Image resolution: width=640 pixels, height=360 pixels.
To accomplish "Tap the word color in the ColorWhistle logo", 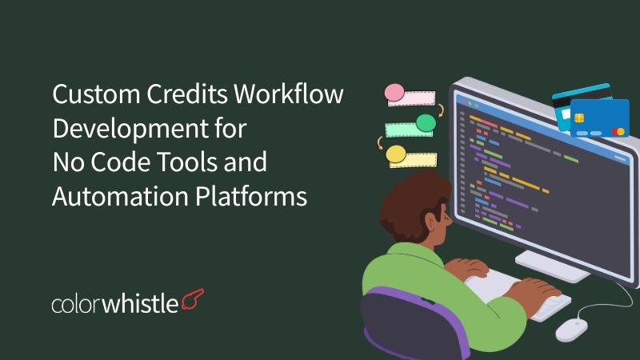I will pos(78,304).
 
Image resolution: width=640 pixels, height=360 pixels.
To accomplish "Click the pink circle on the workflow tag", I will pos(394,94).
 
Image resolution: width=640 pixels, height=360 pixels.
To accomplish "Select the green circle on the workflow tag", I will pos(426,122).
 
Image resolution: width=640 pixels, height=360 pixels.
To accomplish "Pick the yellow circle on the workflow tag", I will pos(394,153).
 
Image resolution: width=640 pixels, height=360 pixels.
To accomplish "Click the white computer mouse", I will pos(571,327).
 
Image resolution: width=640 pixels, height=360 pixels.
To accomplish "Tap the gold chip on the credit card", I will pos(578,118).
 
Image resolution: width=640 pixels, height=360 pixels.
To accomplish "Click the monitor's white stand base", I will pos(552,264).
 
